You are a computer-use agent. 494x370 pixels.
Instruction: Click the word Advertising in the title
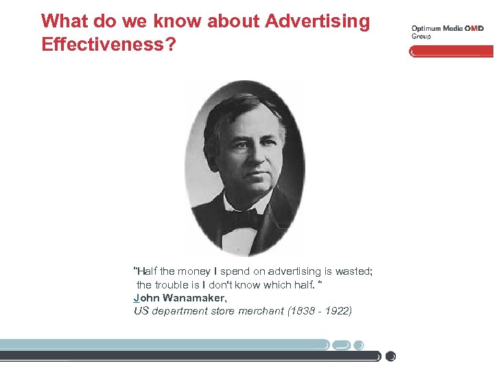pyautogui.click(x=317, y=21)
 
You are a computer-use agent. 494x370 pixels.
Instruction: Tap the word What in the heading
pyautogui.click(x=63, y=21)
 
